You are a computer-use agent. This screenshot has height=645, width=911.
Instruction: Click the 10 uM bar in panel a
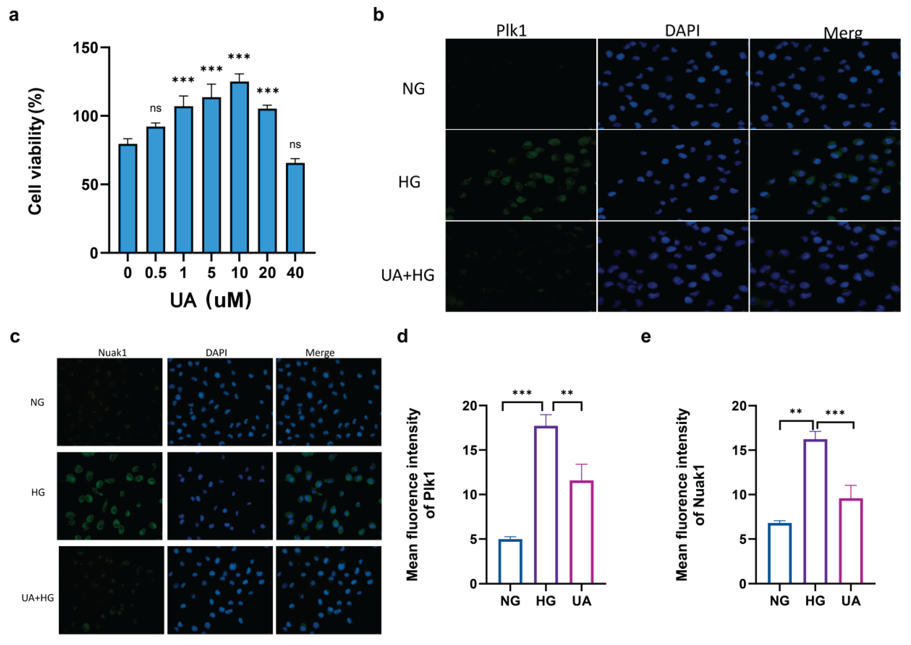pos(240,167)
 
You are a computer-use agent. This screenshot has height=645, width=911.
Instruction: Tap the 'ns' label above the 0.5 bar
pos(155,109)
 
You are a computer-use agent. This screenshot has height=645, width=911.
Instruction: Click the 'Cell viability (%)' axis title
pos(36,151)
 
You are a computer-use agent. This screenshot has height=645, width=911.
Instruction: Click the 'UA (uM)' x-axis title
pos(210,300)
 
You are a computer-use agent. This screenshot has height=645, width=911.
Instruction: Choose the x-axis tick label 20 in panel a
pos(267,273)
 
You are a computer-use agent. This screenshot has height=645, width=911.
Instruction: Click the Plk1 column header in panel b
pos(511,31)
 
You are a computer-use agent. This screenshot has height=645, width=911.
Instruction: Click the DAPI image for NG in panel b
pos(673,84)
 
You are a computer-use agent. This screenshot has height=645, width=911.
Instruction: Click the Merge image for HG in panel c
pos(329,496)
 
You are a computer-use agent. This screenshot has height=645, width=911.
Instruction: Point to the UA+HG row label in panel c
pos(38,598)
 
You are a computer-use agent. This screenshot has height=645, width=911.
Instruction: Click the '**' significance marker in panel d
pos(567,393)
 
